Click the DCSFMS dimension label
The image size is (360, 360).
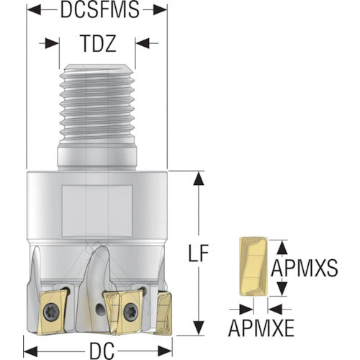click(100, 9)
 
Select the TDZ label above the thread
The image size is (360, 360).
click(99, 43)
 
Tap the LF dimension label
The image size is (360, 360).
click(198, 253)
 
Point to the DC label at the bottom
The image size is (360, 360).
click(102, 351)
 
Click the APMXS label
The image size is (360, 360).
click(305, 268)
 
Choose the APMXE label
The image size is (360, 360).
click(261, 328)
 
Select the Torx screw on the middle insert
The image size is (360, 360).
click(130, 311)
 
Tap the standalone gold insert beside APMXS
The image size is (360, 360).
click(253, 266)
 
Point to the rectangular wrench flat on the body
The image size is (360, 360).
click(97, 211)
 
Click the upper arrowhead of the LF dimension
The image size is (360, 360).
click(199, 178)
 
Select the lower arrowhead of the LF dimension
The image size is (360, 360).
click(199, 328)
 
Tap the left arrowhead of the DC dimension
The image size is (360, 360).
click(31, 351)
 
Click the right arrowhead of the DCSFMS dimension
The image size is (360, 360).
click(160, 9)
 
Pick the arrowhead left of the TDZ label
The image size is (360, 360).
click(52, 43)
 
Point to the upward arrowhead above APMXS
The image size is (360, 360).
click(282, 248)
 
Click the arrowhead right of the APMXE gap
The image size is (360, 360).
click(275, 309)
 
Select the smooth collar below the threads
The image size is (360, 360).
click(97, 158)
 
